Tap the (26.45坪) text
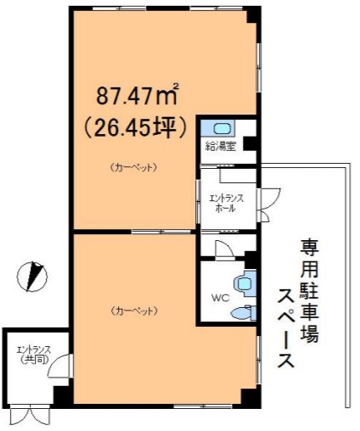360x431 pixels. click(136, 127)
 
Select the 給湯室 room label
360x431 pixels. click(221, 147)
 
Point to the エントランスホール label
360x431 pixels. click(226, 203)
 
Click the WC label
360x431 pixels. click(220, 298)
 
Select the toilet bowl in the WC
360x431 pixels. click(244, 313)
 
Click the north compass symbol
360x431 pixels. click(32, 277)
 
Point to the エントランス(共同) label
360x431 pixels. click(34, 355)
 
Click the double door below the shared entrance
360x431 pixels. click(30, 416)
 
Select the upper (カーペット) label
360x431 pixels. click(133, 167)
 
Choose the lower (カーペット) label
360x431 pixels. click(133, 311)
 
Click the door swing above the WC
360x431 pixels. click(224, 249)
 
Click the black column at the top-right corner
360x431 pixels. click(253, 16)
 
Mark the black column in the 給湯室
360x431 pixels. click(250, 143)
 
